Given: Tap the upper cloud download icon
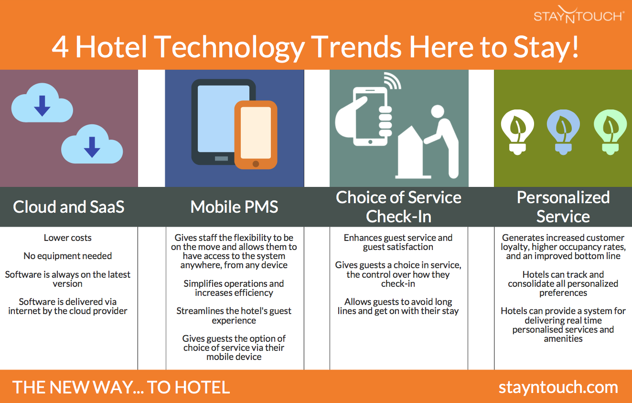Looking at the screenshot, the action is click(42, 103).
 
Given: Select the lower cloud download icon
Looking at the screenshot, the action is click(92, 144).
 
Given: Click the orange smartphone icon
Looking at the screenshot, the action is click(256, 135).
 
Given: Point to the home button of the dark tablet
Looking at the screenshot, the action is click(221, 158).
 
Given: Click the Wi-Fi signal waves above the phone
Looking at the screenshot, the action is click(393, 81).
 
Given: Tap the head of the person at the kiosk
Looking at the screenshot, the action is click(438, 111).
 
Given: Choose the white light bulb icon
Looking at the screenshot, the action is click(517, 132).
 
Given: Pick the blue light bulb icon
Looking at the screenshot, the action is click(563, 132).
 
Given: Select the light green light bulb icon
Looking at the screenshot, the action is click(611, 132).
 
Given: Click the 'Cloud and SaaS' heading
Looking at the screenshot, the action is click(69, 207).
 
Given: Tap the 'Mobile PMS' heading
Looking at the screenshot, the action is click(234, 207).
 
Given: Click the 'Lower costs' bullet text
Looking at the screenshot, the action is click(68, 238).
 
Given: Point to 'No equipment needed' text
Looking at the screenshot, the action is click(68, 256).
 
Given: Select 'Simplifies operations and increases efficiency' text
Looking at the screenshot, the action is click(234, 288).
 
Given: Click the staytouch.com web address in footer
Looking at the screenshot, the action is click(558, 387).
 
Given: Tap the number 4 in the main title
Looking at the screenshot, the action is click(60, 47).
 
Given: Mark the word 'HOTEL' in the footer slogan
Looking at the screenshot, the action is click(202, 387).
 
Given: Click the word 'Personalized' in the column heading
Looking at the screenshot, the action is click(563, 197).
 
